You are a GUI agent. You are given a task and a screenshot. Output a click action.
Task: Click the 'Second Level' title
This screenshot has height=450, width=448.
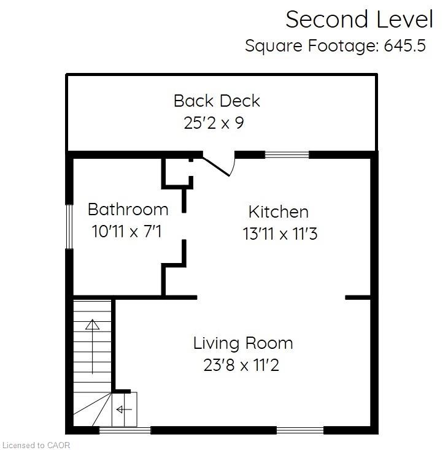point(359,20)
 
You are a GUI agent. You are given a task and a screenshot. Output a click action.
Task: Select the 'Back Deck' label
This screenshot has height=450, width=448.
point(217,101)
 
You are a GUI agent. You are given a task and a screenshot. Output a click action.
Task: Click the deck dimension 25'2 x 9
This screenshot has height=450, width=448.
point(214,123)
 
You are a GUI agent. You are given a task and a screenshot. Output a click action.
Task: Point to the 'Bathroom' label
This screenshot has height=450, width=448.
point(128,209)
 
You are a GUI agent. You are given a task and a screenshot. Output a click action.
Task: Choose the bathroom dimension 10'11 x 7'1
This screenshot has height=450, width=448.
point(128,231)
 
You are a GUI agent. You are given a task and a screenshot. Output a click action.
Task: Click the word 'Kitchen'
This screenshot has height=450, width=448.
point(278,212)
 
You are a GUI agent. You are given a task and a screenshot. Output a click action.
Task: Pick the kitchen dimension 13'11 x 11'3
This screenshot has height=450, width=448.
point(279,234)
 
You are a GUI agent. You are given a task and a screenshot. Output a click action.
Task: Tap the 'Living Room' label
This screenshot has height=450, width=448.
point(243,343)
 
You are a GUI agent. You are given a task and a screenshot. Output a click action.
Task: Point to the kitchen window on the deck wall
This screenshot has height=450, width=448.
point(287,154)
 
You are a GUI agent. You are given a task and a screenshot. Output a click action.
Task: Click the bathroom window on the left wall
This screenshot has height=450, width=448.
point(70,226)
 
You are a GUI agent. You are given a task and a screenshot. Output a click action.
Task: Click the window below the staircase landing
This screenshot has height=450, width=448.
point(125,430)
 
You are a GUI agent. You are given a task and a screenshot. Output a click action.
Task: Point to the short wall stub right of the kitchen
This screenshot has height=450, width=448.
point(358,297)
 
